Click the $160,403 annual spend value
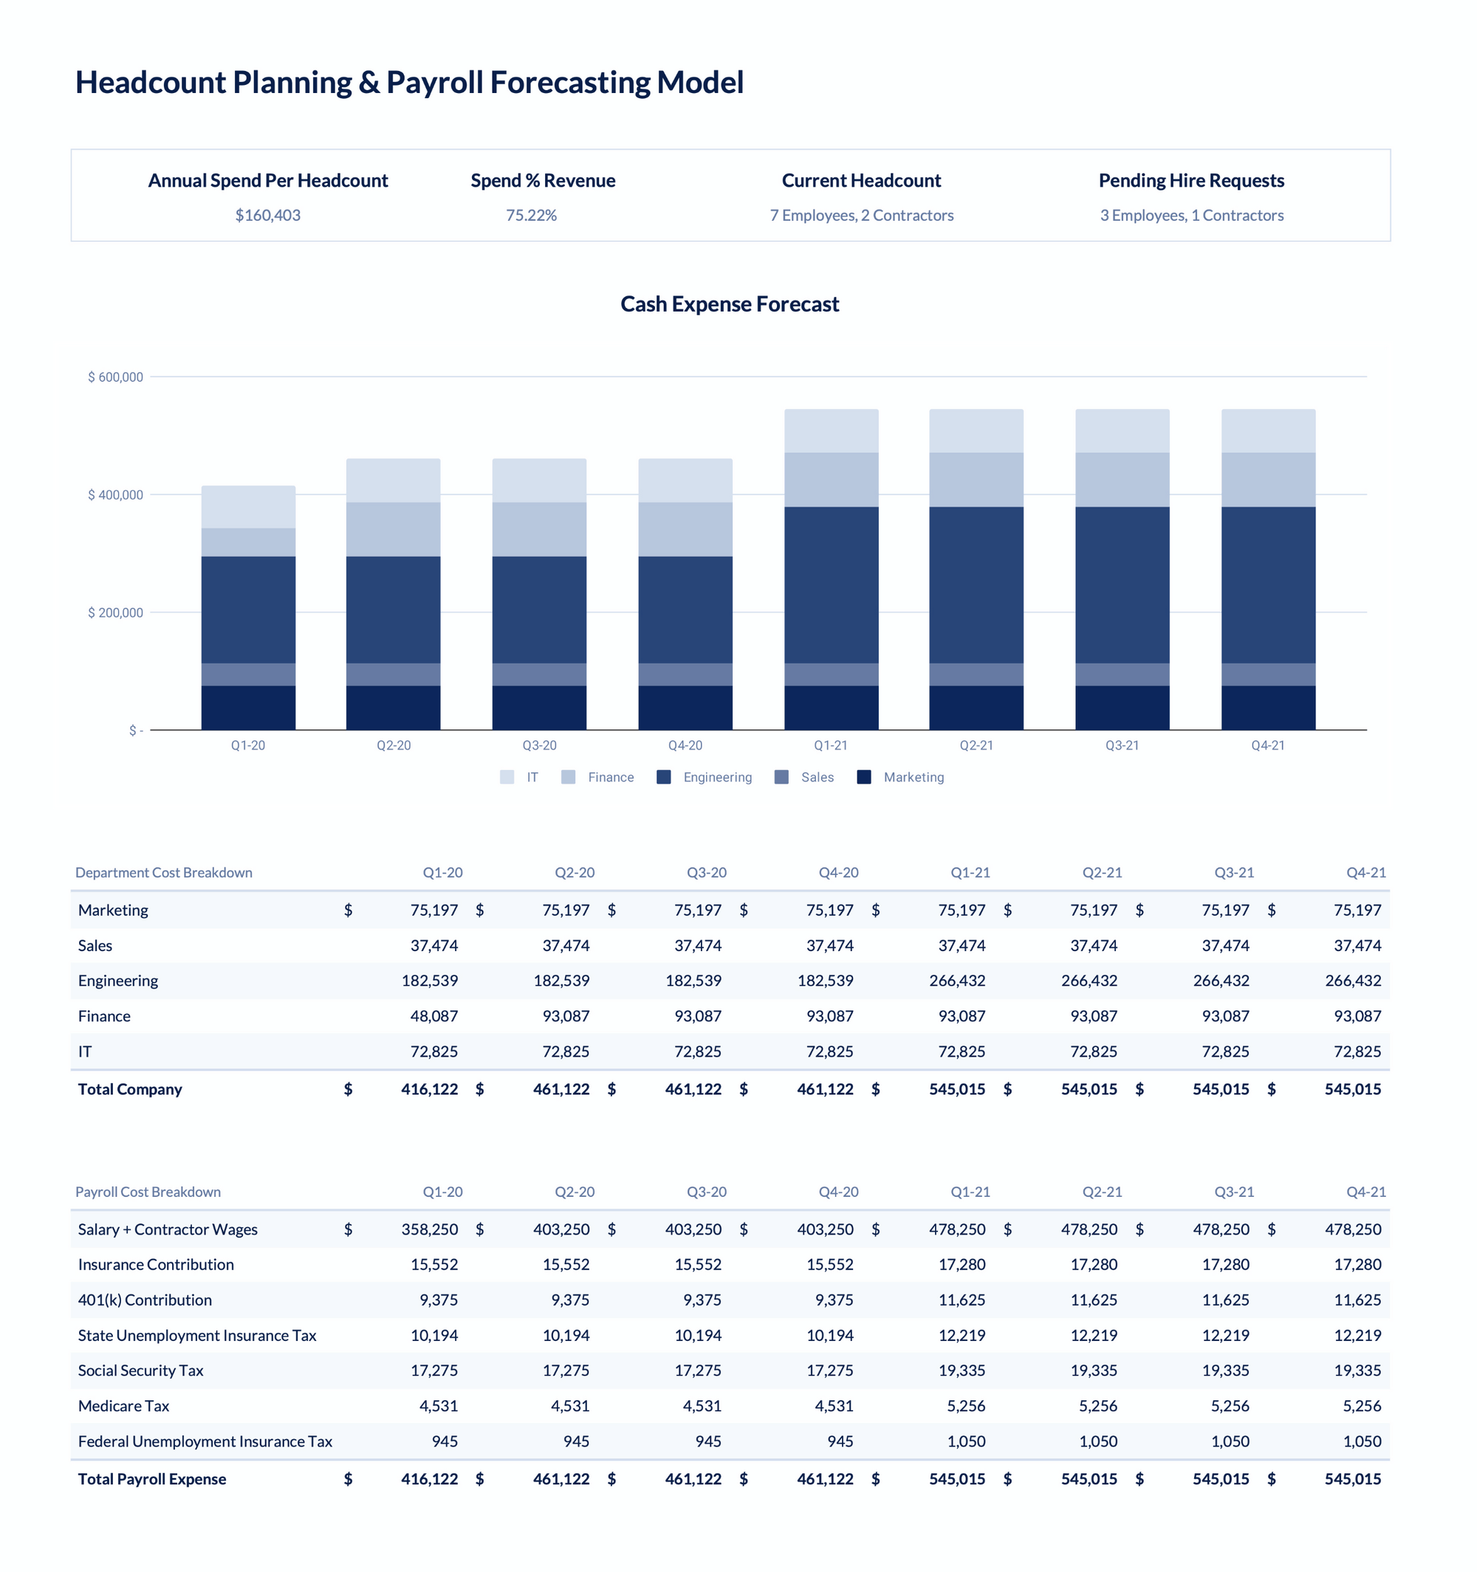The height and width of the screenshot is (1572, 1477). (267, 215)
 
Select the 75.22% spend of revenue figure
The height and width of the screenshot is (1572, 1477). (531, 215)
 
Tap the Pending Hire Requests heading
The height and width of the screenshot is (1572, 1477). (1190, 180)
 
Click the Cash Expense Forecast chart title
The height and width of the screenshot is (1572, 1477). (729, 304)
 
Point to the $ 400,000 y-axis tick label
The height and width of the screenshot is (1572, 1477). (115, 495)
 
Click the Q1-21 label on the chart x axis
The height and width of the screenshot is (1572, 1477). (830, 746)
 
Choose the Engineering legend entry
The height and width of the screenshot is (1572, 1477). (717, 778)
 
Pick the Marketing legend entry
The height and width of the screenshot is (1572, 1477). (914, 778)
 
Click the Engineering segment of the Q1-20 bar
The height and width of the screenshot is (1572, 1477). (248, 610)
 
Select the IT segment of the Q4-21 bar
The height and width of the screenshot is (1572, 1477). (1267, 431)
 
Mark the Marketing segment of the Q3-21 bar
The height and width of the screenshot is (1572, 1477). (1122, 707)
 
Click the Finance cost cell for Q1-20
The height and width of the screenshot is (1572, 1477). (433, 1016)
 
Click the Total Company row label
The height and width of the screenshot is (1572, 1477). (130, 1089)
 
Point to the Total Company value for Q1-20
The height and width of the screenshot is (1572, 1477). (429, 1089)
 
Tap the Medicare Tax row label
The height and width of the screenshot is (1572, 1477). (123, 1406)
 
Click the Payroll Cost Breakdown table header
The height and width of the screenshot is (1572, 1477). (148, 1192)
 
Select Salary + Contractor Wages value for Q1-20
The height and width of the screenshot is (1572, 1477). (429, 1229)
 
